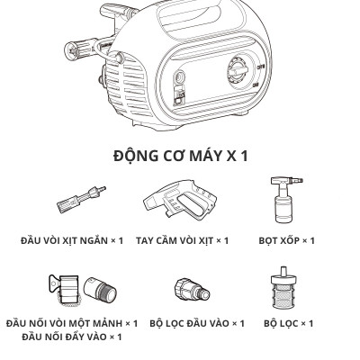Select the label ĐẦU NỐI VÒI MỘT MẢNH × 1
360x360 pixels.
coord(72,322)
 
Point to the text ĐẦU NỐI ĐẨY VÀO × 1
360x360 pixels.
coord(72,337)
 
